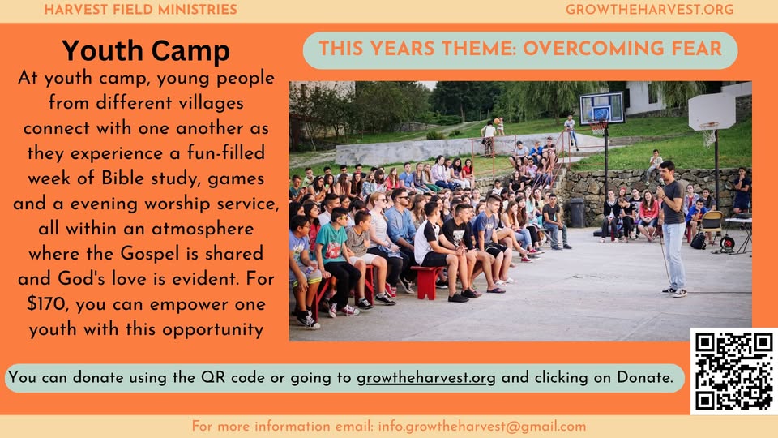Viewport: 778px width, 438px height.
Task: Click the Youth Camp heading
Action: point(146,50)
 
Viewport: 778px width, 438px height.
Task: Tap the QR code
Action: point(734,371)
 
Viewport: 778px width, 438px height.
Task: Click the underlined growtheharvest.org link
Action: point(426,378)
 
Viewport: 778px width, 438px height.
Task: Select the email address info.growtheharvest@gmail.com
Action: point(481,427)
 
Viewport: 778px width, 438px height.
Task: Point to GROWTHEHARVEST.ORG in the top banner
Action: point(649,10)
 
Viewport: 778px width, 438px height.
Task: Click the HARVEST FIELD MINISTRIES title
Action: point(140,10)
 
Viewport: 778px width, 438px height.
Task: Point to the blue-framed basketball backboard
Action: point(602,108)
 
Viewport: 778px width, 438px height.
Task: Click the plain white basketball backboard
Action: point(712,111)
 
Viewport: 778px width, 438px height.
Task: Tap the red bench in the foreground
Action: point(427,281)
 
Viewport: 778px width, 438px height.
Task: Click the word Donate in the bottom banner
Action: point(644,377)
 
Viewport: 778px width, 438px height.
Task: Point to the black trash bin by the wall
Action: point(576,213)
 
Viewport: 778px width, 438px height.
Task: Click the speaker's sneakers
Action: point(673,292)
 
